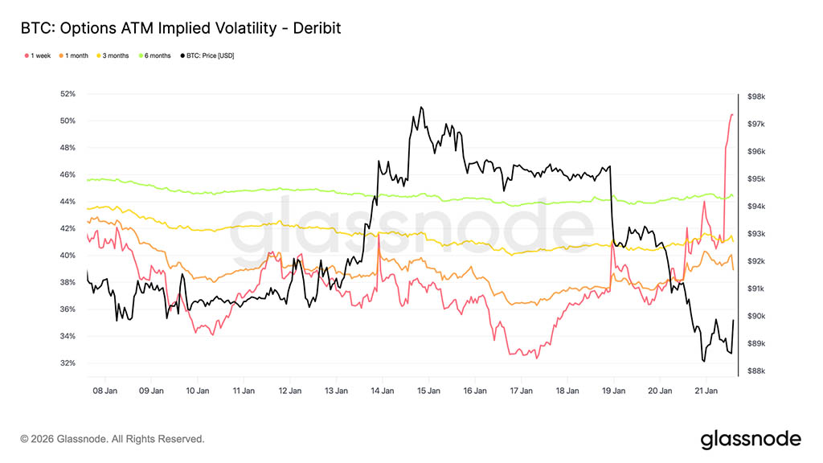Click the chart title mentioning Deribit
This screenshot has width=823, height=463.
(181, 28)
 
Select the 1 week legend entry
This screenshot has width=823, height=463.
(39, 55)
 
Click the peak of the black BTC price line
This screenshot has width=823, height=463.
(420, 107)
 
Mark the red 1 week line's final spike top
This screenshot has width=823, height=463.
(731, 115)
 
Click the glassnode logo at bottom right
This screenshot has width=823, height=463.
(750, 439)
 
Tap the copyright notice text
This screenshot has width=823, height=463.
(113, 440)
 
